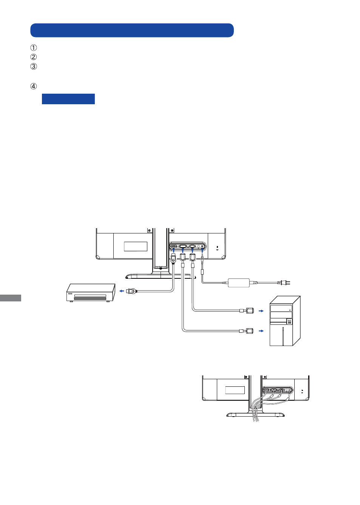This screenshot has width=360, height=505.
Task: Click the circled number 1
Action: pos(34,48)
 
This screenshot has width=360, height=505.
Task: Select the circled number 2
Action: pos(34,57)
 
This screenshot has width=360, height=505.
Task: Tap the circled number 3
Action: pos(34,66)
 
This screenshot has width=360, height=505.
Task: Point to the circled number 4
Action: pos(34,86)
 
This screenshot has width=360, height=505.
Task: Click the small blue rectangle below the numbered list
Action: pos(68,99)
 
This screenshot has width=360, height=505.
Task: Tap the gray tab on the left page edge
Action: pos(11,298)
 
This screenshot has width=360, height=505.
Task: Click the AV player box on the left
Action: pos(91,293)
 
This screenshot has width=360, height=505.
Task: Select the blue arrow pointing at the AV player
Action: pos(122,291)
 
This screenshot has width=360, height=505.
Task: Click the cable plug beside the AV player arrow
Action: pos(131,291)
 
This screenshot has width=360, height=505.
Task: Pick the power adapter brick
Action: pos(239,283)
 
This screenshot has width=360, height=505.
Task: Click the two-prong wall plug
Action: pos(285,282)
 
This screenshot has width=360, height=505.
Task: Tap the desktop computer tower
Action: pos(285,321)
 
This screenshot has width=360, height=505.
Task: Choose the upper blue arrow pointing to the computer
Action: pos(261,311)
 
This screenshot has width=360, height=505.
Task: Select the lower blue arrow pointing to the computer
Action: pos(261,331)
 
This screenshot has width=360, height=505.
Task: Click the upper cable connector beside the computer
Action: pos(247,310)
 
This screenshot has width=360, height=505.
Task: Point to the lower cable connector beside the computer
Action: pos(247,331)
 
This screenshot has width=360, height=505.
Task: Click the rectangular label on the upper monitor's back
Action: pos(136,246)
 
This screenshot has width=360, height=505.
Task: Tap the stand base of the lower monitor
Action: pos(255,415)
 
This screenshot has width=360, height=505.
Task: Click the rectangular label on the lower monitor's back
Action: pos(235,390)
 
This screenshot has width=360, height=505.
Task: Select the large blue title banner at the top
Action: pos(132,30)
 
